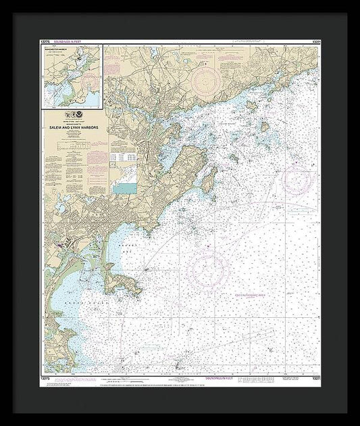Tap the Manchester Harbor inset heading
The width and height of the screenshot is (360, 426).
pos(55,49)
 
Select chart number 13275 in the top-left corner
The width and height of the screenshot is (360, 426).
pos(46,41)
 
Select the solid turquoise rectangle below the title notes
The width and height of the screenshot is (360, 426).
pos(124,189)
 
